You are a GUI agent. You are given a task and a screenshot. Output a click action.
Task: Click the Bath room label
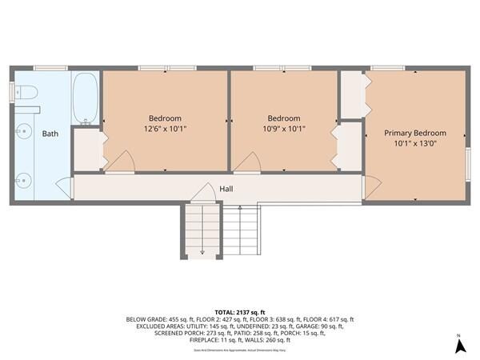(x=50, y=134)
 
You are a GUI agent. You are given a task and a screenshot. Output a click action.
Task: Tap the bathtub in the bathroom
(x=86, y=99)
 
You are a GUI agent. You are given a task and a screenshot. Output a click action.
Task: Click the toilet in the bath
(x=27, y=94)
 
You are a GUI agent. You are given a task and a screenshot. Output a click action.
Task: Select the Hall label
(x=227, y=189)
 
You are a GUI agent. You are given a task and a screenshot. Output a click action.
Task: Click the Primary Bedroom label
(x=414, y=133)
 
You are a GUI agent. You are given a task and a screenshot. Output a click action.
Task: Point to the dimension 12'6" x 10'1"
(x=165, y=129)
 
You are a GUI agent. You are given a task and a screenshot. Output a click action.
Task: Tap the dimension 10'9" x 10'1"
(x=284, y=129)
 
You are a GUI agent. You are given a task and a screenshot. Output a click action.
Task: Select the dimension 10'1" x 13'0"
(x=414, y=144)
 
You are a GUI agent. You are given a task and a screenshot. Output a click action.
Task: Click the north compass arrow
(x=460, y=346)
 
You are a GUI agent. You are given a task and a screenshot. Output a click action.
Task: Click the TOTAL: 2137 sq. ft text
(x=239, y=311)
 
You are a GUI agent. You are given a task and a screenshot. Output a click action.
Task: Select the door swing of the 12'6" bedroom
(x=120, y=162)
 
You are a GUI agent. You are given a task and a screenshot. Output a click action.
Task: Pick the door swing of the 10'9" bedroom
(x=246, y=162)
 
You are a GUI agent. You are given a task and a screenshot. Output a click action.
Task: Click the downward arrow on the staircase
(x=202, y=250)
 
